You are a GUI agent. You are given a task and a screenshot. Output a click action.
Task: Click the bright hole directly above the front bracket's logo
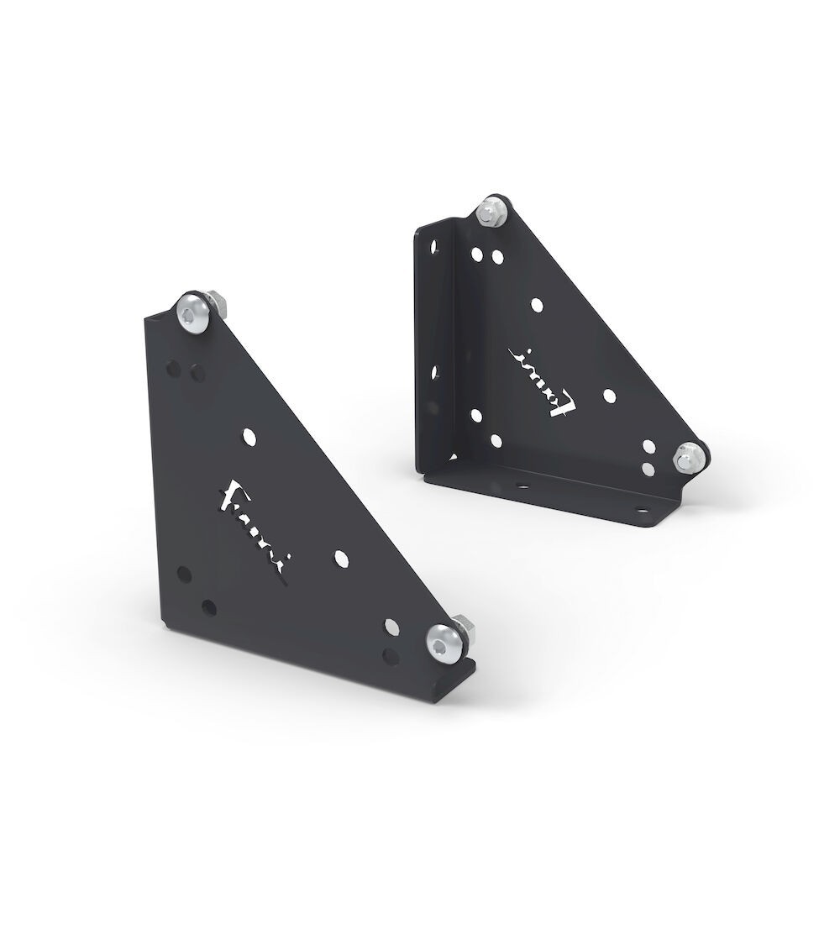coord(249,435)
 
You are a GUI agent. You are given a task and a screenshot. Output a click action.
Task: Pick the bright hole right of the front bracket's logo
coord(340,558)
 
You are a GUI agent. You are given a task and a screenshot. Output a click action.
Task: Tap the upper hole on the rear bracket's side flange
coord(433,249)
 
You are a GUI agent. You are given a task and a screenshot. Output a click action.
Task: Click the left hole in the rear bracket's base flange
coord(517,485)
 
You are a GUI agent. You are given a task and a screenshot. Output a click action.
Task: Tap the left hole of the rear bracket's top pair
coord(477,252)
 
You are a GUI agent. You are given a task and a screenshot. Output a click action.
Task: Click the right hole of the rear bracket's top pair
coord(498,255)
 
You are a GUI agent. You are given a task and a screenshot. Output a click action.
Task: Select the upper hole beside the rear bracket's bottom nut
coord(648,449)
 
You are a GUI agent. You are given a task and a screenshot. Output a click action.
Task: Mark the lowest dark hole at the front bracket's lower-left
coord(209,606)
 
